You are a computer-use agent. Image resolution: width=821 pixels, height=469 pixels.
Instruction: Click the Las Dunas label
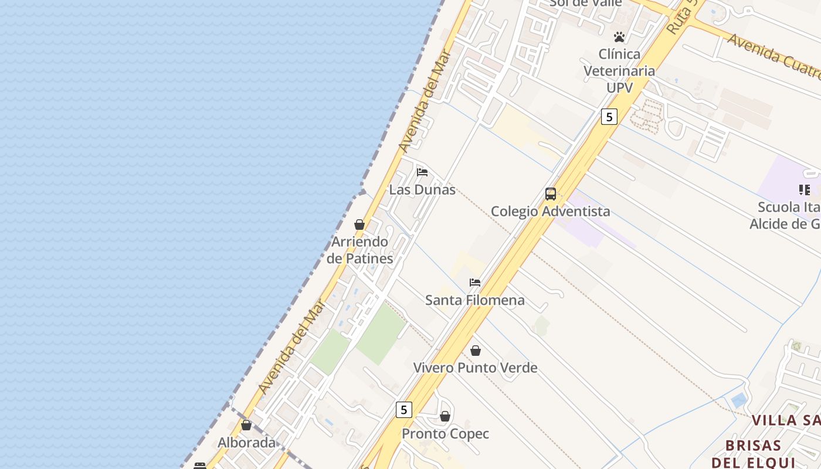[422, 190]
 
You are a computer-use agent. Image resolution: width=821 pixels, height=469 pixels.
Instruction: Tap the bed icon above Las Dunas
[422, 172]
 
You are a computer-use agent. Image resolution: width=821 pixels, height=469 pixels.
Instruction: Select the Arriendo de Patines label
[359, 250]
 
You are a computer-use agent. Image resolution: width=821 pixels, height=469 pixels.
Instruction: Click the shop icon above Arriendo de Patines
[359, 225]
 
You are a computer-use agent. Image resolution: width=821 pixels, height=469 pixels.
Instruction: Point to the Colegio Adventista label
[550, 211]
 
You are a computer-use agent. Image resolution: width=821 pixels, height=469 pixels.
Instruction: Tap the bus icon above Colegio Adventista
[551, 193]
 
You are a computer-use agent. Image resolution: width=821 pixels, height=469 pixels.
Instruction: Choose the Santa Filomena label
[475, 300]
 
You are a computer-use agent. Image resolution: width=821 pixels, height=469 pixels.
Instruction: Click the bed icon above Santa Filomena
[475, 283]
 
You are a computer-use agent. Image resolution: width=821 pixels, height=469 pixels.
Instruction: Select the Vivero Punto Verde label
[475, 368]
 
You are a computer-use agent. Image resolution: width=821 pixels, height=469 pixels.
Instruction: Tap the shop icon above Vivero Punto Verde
[476, 351]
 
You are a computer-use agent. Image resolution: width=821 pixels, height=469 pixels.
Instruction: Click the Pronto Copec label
[445, 434]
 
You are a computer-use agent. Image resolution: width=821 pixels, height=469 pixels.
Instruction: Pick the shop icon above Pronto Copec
[445, 416]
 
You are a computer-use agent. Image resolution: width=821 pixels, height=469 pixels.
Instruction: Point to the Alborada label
[246, 443]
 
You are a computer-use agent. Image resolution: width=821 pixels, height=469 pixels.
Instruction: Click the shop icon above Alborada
[246, 425]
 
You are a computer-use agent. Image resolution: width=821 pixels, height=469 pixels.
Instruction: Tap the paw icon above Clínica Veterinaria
[619, 37]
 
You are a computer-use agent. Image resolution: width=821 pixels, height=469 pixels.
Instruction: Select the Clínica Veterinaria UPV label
[619, 70]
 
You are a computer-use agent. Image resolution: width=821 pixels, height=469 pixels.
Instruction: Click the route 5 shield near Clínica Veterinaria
[609, 117]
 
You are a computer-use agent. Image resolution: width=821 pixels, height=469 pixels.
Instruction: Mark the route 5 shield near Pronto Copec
[403, 409]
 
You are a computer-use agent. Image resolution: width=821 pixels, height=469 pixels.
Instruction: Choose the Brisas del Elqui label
[754, 453]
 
